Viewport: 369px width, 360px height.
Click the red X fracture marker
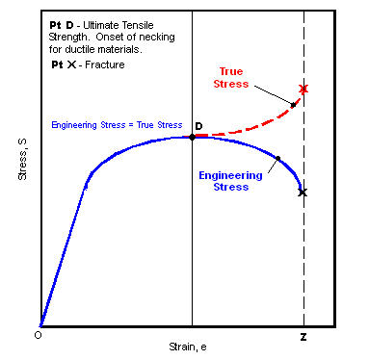tap(303, 90)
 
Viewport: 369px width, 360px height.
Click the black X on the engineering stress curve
tap(303, 193)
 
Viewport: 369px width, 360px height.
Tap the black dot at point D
tap(192, 138)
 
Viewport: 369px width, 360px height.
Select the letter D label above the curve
tap(198, 126)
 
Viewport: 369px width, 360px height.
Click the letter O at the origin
tap(38, 336)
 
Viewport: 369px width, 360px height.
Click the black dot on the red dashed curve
tap(292, 104)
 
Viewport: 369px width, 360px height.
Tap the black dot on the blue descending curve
tap(277, 159)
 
